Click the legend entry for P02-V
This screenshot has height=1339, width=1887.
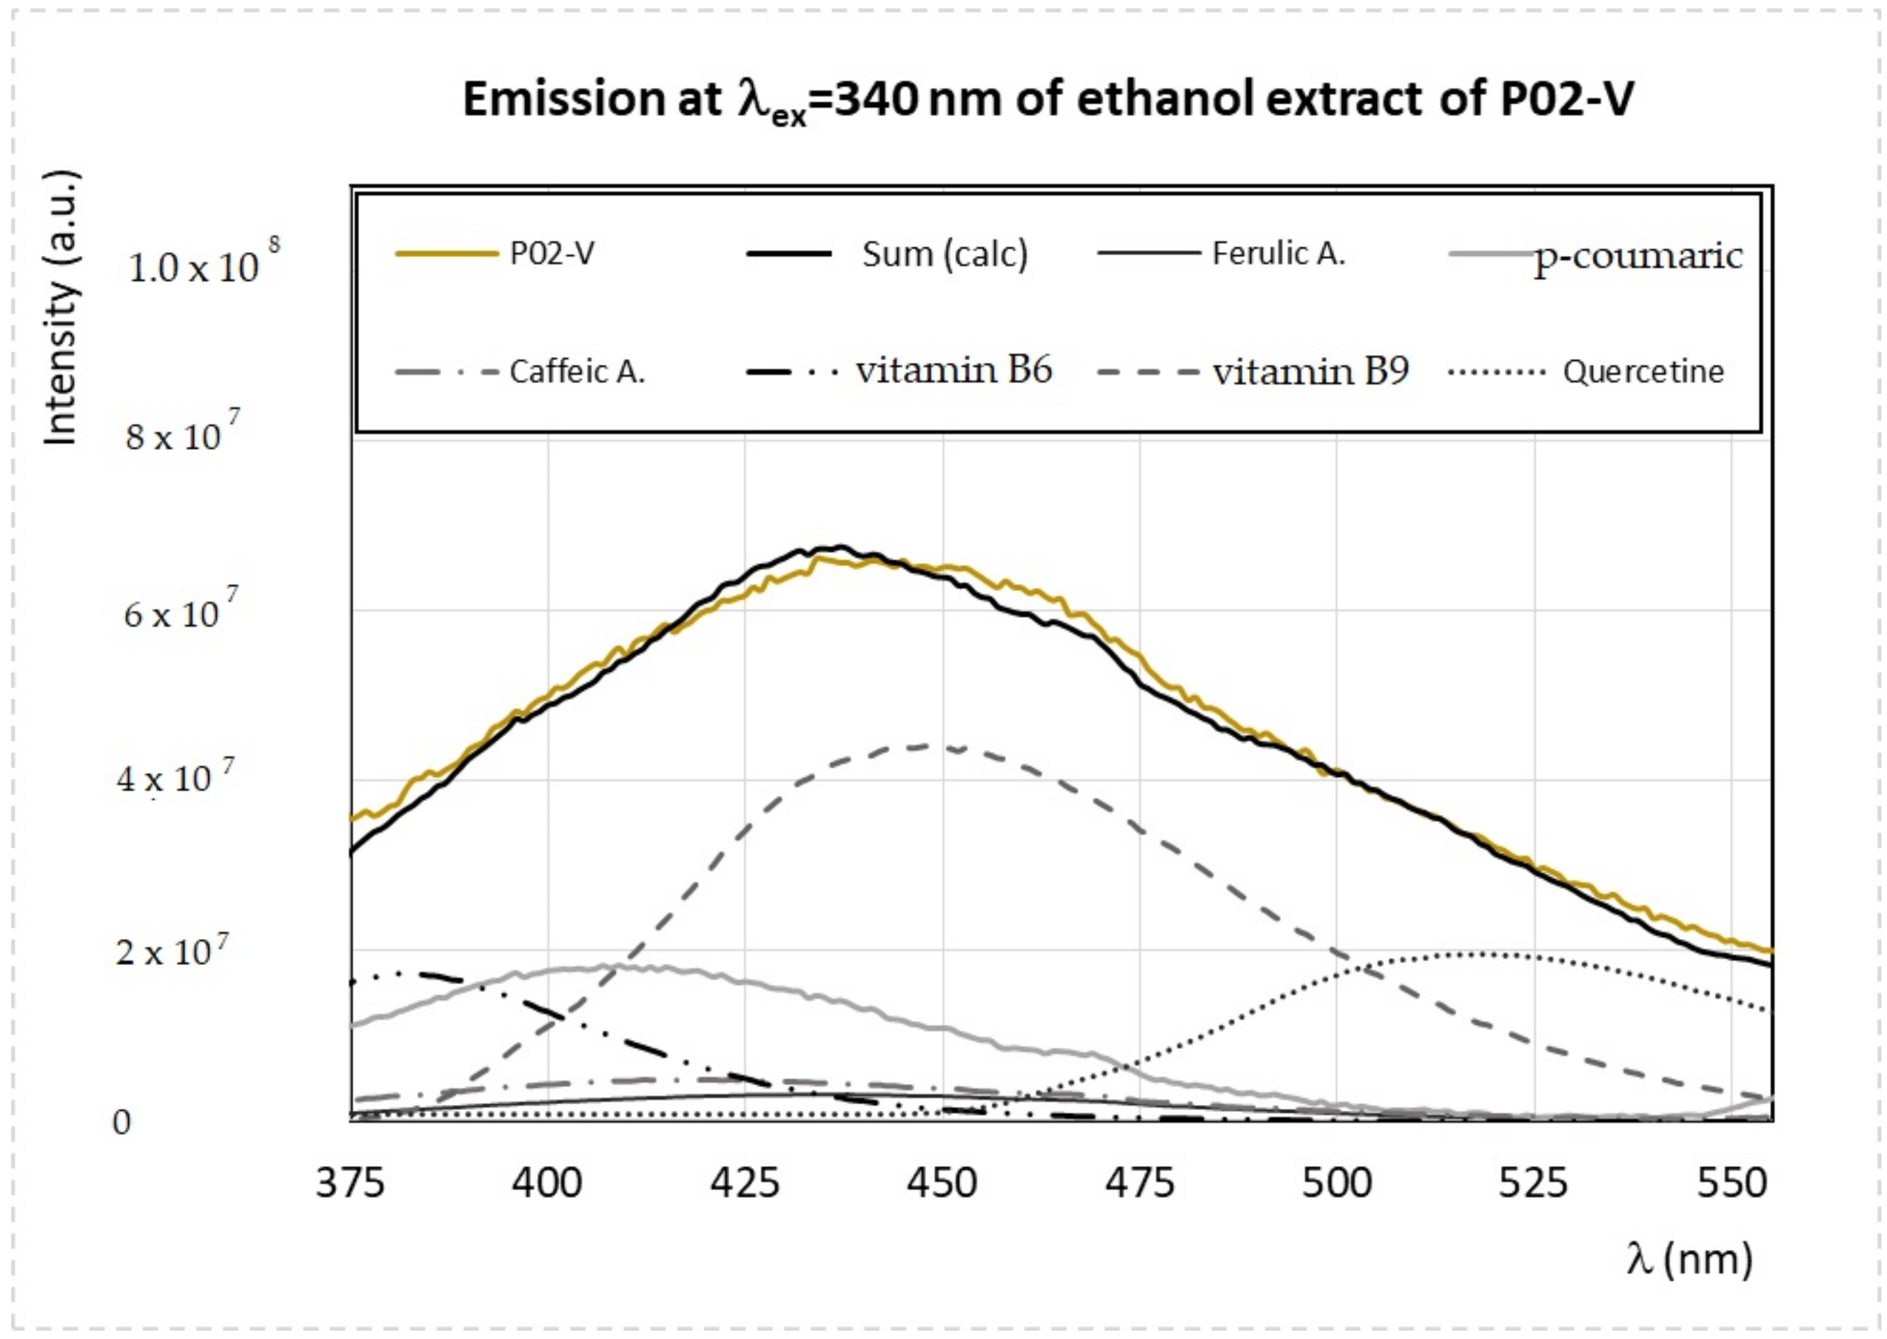[x=551, y=253]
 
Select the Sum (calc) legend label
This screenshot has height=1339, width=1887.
[x=944, y=254]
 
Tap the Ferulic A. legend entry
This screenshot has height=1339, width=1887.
[x=1278, y=253]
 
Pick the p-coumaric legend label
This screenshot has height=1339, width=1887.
[x=1637, y=256]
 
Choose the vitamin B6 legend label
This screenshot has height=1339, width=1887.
[x=953, y=370]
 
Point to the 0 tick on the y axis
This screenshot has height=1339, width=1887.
[x=121, y=1122]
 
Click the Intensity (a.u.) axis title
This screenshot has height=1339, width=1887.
[x=61, y=309]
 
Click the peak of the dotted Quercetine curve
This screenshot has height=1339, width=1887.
[x=1481, y=954]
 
